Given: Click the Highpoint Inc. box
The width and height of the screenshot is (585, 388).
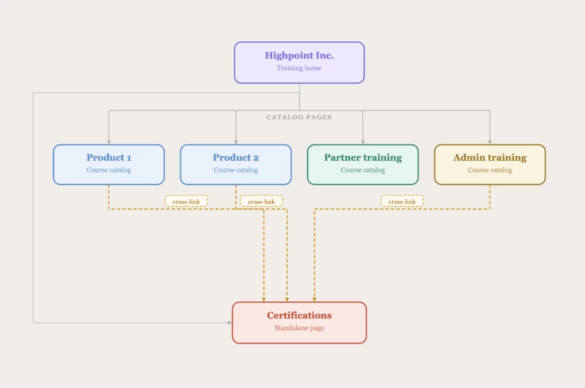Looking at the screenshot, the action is click(299, 62).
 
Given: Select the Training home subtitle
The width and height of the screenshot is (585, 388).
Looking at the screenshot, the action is click(299, 68).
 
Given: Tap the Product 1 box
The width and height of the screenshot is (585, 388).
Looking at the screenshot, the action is click(109, 164).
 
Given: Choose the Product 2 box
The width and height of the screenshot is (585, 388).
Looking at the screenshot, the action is click(236, 164).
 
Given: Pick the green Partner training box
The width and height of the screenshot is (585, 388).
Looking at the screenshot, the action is click(363, 164).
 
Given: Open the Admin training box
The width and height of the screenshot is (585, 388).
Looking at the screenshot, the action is click(490, 164).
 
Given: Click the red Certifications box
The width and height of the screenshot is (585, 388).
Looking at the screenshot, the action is click(299, 323).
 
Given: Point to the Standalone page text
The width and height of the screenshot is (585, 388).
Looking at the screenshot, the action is click(299, 328).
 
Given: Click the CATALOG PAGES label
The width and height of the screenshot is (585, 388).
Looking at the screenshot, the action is click(299, 117).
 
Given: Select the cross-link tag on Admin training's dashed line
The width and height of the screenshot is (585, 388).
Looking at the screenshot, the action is click(402, 202).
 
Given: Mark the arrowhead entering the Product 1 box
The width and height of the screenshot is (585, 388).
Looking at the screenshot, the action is click(109, 142).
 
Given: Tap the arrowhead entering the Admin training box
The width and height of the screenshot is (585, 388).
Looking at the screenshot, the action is click(490, 142).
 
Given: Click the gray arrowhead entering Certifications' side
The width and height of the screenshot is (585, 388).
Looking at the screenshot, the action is click(230, 323).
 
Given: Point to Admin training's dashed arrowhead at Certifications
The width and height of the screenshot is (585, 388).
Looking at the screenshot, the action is click(314, 299).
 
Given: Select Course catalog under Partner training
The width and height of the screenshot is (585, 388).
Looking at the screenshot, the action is click(363, 170).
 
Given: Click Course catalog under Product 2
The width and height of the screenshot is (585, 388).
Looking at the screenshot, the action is click(236, 170).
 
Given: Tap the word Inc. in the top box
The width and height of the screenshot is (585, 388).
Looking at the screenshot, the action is click(325, 56).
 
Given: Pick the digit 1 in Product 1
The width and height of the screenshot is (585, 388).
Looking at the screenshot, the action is click(129, 158).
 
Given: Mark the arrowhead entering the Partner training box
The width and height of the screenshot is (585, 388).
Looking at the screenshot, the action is click(363, 142).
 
